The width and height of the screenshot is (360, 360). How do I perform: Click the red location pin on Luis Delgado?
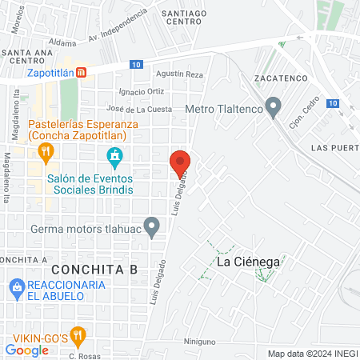click(x=180, y=163)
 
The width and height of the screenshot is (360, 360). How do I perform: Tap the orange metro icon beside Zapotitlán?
click(x=81, y=72)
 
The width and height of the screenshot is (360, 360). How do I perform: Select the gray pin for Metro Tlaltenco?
click(x=274, y=106)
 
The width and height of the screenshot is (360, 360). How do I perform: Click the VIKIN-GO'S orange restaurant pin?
click(x=78, y=334)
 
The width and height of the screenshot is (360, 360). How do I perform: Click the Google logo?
click(x=26, y=350)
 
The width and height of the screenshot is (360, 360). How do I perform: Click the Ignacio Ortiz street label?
click(x=141, y=91)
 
